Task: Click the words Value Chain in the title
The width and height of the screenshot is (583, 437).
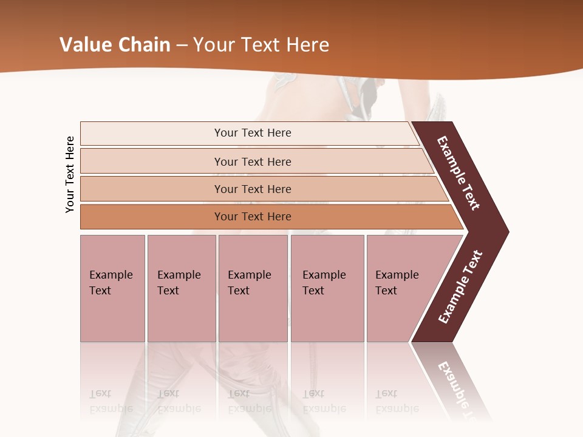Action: coord(115,45)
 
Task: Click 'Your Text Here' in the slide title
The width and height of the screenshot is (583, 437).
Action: coord(261,45)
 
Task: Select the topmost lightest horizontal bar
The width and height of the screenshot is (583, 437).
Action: coord(252,133)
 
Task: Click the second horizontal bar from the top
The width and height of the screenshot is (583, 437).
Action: coord(252,161)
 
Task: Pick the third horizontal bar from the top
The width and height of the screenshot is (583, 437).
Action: coord(252,189)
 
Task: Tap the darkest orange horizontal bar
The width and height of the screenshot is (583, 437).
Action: coord(252,217)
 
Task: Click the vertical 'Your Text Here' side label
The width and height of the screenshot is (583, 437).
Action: coord(70,174)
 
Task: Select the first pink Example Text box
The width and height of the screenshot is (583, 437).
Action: coord(112,288)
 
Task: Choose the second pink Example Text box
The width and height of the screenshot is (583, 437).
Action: coord(181,288)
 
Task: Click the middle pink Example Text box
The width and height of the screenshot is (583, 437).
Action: coord(253,288)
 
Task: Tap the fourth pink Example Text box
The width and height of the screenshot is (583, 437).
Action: coord(327,288)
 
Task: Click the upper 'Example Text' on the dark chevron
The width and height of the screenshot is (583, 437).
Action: coord(459,174)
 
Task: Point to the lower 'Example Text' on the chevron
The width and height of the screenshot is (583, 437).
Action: coord(460,287)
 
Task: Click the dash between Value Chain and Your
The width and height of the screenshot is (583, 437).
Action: coord(182,46)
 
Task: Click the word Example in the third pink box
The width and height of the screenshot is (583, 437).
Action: coord(249,275)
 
